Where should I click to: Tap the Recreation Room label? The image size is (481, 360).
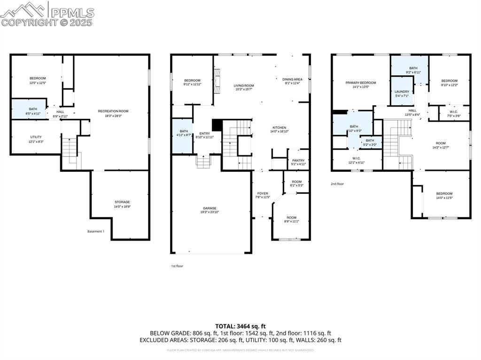coord(113,111)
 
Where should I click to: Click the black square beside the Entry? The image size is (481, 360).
coord(217,125)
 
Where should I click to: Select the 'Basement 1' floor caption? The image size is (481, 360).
coord(96,231)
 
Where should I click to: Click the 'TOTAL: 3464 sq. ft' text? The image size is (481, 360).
coord(240,326)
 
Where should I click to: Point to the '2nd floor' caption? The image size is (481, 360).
coord(337,184)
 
